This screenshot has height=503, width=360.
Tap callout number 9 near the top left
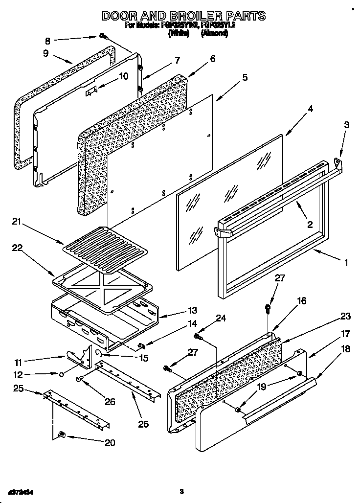click(46, 53)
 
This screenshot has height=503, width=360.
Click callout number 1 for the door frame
click(345, 263)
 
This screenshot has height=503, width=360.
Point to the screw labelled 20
click(62, 434)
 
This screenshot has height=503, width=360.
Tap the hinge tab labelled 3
click(337, 159)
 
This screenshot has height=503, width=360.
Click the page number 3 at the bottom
click(181, 491)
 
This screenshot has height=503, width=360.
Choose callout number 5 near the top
click(244, 77)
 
